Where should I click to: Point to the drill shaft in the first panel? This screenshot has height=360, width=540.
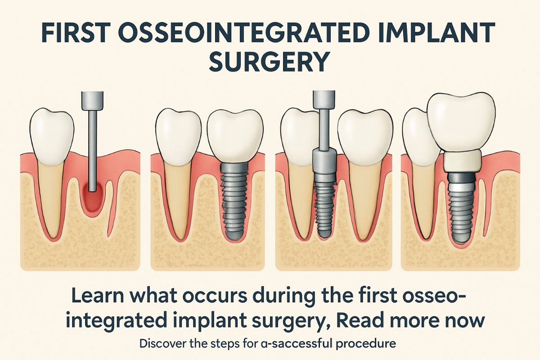pyautogui.click(x=92, y=148)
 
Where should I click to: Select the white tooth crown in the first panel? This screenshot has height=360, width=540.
pyautogui.click(x=51, y=130)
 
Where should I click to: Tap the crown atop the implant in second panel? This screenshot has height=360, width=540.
pyautogui.click(x=235, y=135)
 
